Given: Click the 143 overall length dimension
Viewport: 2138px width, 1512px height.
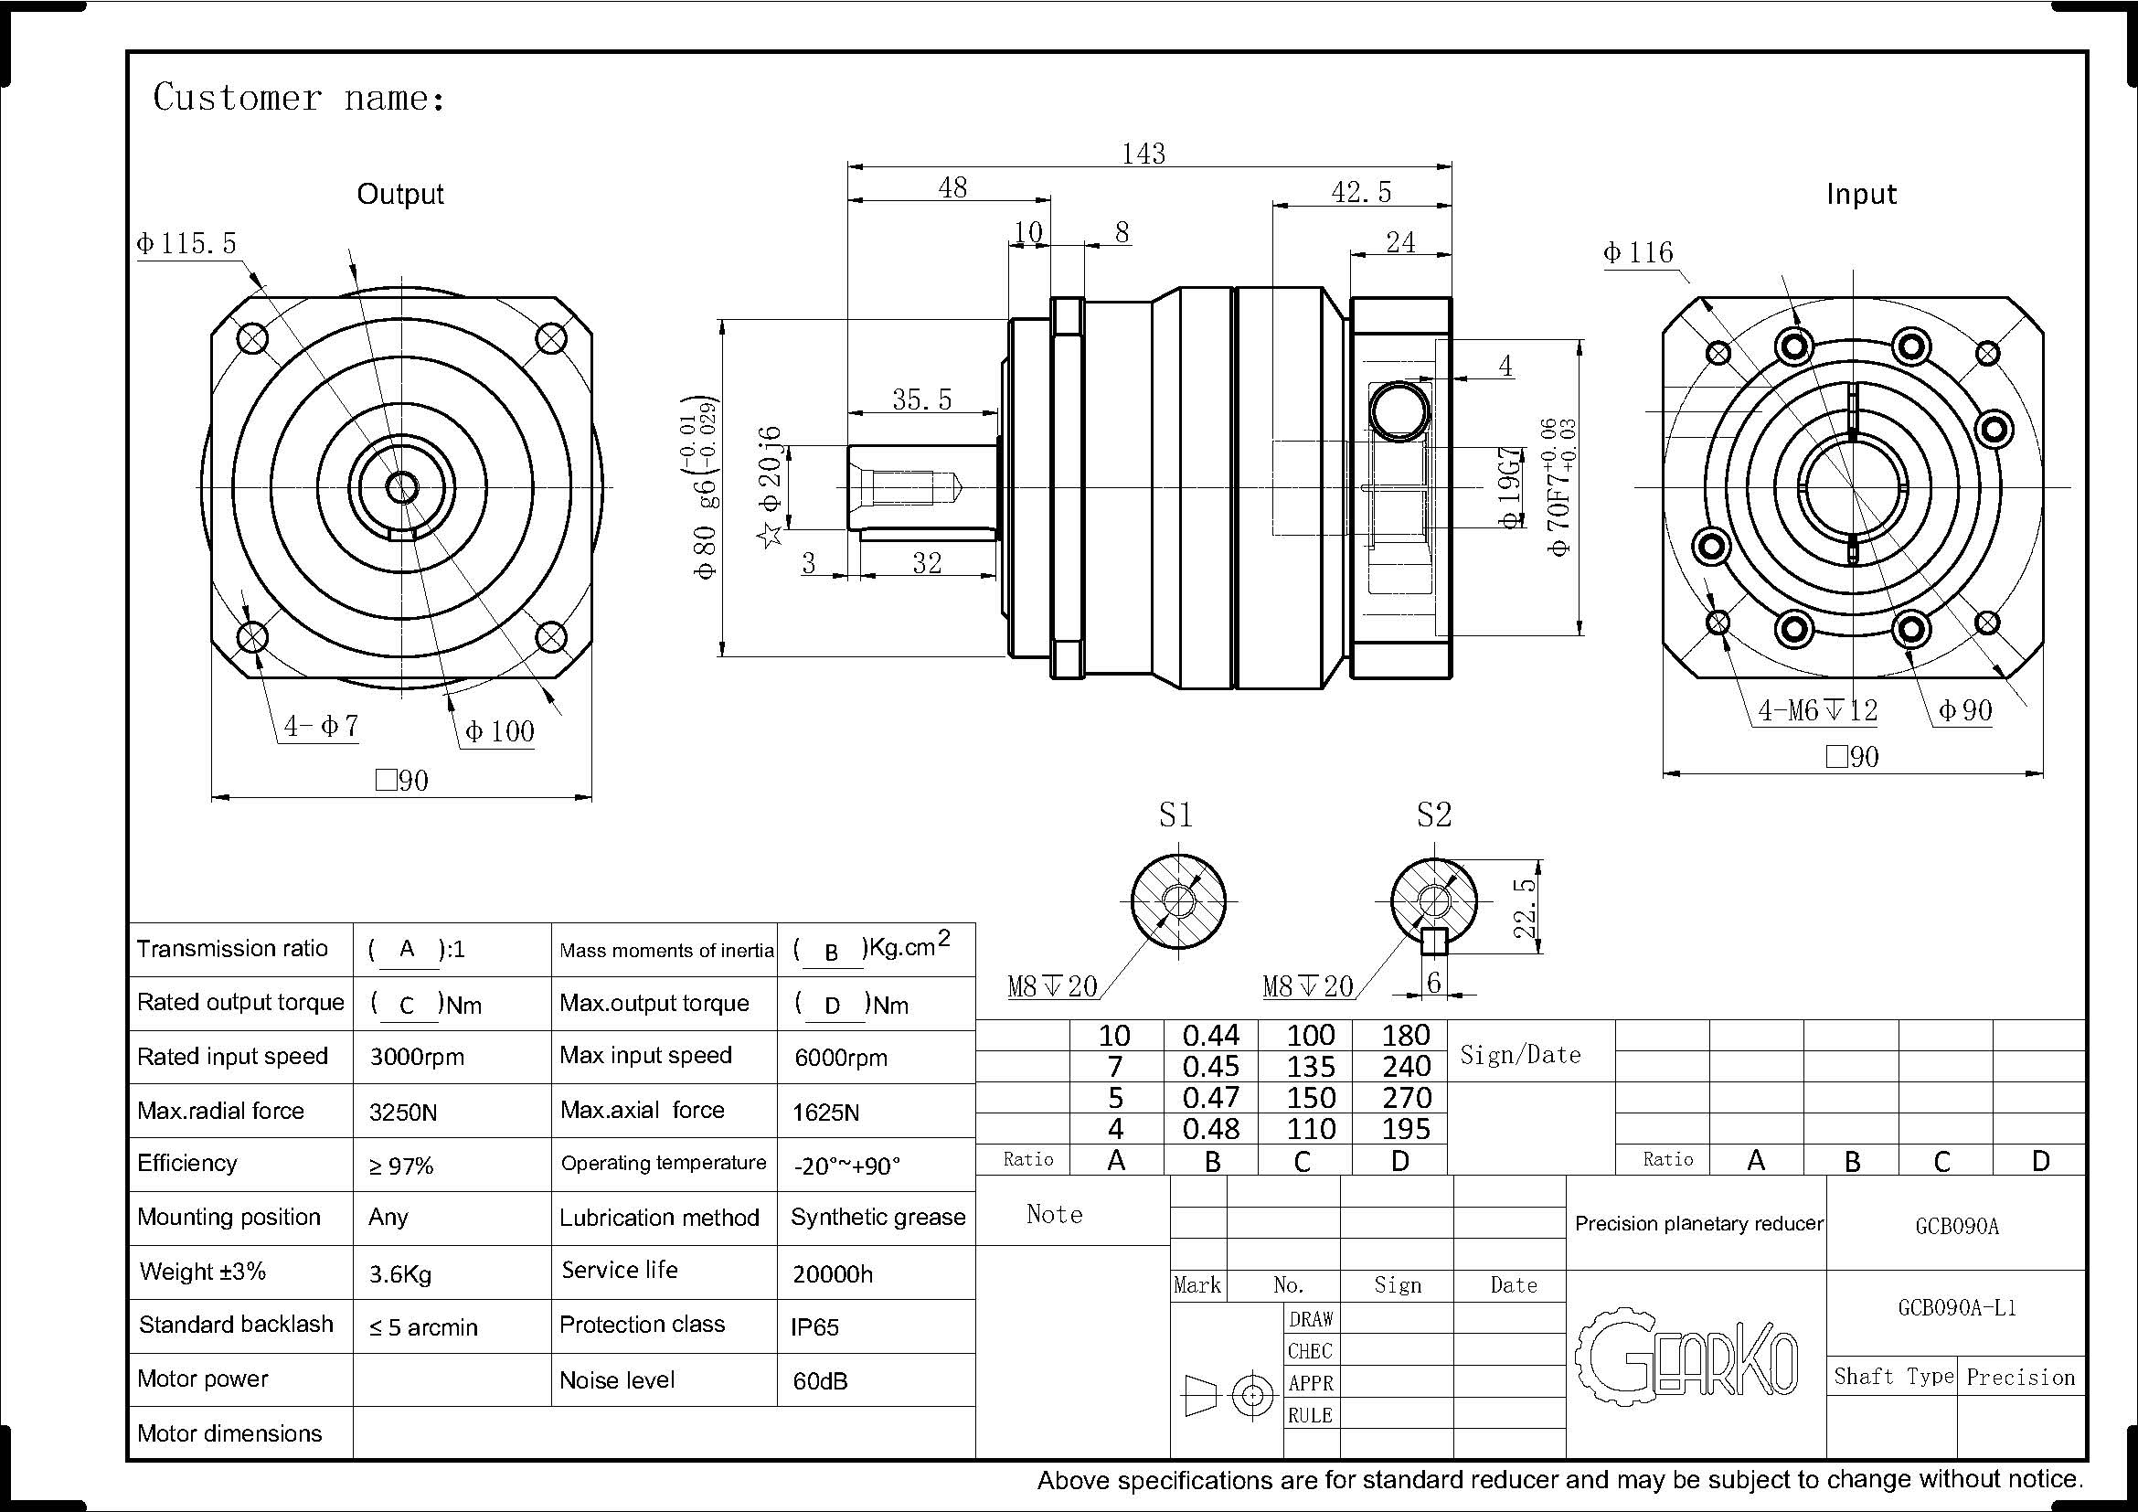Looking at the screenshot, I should coord(1143,153).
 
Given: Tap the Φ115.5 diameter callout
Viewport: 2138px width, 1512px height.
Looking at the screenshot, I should coord(186,244).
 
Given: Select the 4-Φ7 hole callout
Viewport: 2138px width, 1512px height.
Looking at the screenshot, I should coord(321,726).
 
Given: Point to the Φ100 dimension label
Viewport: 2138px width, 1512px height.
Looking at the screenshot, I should coord(500,732).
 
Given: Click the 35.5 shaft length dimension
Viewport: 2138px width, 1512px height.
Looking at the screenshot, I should coord(922,399).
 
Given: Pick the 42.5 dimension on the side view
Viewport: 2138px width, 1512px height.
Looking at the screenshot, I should coord(1361,192).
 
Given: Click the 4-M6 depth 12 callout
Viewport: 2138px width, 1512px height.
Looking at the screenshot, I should coord(1817,711).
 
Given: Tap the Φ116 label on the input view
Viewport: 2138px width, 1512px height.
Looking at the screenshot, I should coord(1638,252).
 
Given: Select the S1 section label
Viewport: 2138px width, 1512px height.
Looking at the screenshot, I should coord(1175,815).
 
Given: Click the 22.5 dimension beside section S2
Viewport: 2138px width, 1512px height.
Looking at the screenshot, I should coord(1524,908).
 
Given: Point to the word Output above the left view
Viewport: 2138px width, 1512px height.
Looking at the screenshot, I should coord(400,194).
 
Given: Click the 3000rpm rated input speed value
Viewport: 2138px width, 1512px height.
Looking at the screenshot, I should coord(416,1058).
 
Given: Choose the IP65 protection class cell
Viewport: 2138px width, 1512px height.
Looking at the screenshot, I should coord(814,1326).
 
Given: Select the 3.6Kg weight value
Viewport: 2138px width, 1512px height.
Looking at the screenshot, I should coord(400,1273).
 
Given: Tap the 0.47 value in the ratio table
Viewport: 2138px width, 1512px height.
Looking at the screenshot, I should coord(1210,1098).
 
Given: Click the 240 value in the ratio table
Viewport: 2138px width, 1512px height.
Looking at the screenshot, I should coord(1406,1067).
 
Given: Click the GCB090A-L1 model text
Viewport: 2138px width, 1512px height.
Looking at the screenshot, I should coord(1956,1308).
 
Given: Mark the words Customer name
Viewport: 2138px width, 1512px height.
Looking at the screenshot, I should coord(299,98).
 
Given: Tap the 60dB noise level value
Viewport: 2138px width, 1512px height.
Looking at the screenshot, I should coord(820,1380).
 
